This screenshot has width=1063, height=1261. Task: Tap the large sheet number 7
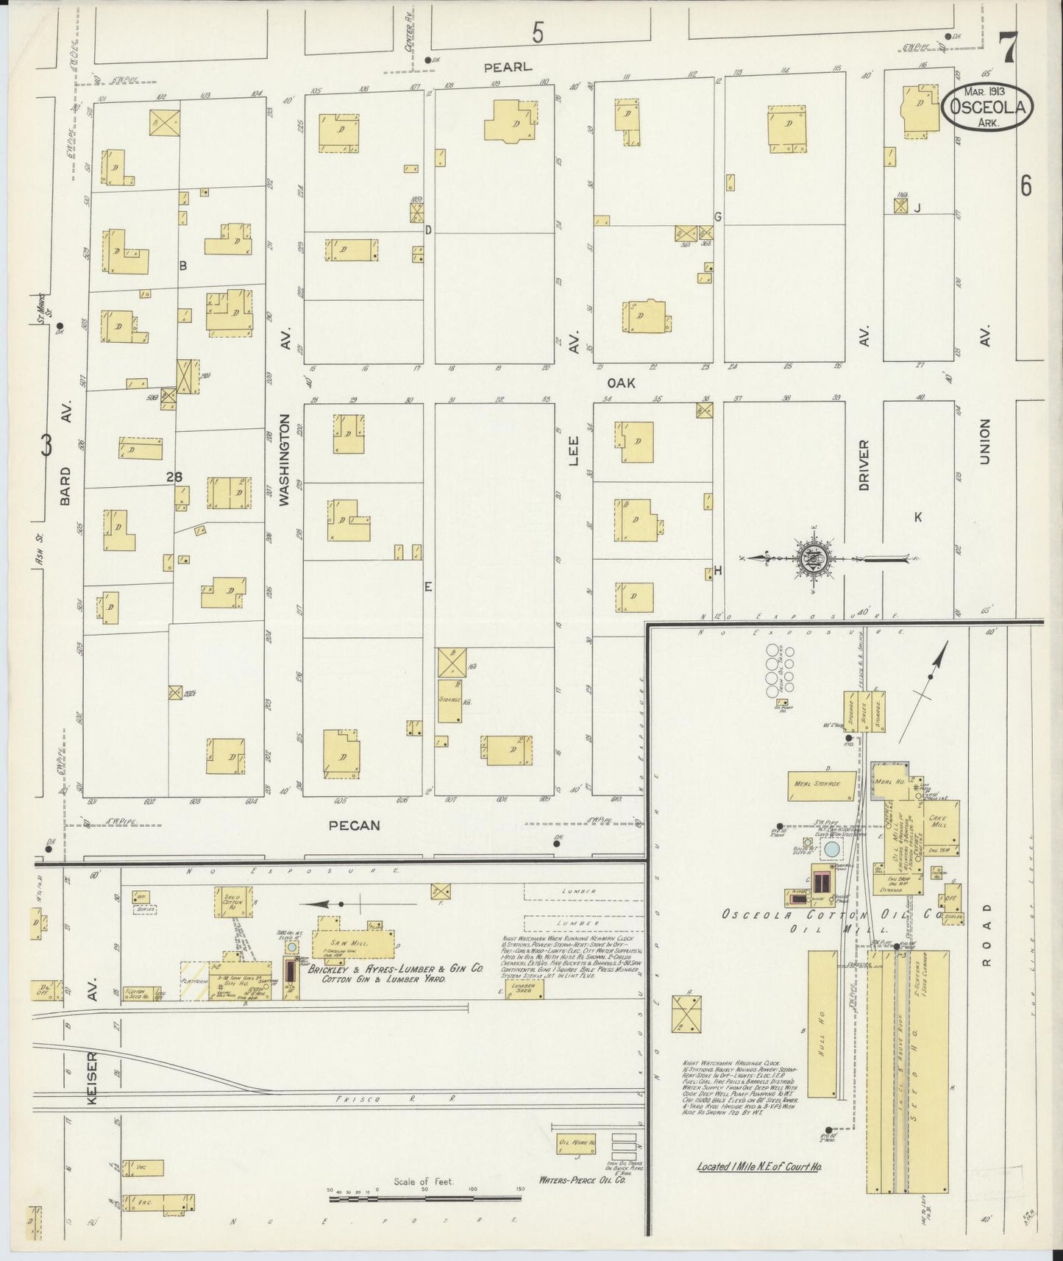pos(1007,49)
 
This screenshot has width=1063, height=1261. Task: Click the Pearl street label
pos(508,67)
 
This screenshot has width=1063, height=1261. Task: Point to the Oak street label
pos(621,383)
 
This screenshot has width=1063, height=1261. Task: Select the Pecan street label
pos(355,825)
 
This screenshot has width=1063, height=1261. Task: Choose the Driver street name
pos(864,465)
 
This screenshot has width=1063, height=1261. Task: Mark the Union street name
pos(985,441)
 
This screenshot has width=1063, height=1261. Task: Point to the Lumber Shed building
pos(524,989)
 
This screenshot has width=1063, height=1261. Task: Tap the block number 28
pos(174,477)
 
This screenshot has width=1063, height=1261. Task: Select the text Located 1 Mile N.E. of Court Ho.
pos(760,1167)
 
